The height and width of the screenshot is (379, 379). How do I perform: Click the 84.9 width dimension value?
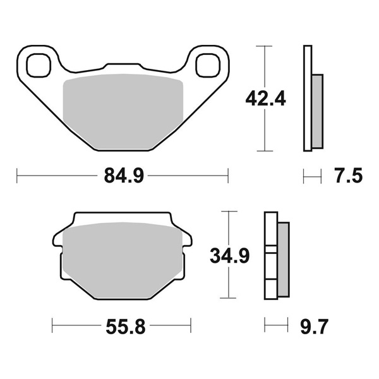(x=124, y=176)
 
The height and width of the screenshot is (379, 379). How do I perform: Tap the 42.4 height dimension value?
(x=265, y=99)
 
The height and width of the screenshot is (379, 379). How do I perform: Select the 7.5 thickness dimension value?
(x=349, y=176)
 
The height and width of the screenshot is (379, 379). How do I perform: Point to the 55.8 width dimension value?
(x=126, y=327)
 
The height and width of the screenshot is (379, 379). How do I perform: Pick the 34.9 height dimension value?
(x=230, y=256)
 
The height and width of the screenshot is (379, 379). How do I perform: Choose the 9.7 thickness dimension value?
(x=314, y=327)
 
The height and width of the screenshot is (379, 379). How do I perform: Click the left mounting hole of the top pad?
(x=39, y=65)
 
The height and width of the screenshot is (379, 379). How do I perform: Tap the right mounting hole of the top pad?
(x=208, y=65)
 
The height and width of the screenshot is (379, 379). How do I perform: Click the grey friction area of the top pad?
(x=123, y=111)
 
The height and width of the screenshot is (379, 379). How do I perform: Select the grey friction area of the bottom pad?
(x=122, y=260)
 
